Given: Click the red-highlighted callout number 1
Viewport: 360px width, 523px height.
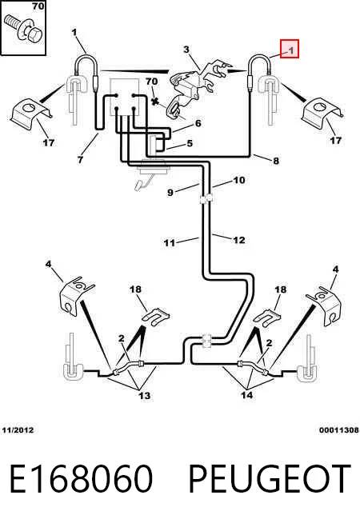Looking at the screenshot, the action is pos(291,50).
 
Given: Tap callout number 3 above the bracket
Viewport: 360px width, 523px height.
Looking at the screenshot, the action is pos(186,50).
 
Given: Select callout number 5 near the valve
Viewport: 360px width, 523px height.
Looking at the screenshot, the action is pos(190,143).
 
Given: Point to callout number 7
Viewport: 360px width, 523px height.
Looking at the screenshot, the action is pos(80,159).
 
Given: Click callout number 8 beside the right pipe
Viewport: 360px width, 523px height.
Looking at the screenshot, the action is pos(275,161).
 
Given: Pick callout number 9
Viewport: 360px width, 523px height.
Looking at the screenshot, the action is pos(170,193).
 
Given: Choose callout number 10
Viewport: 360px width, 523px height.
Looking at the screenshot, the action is pos(239,181).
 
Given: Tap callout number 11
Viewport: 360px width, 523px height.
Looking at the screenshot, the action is pos(170,242).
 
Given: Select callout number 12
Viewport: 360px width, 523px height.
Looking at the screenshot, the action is pos(239,240).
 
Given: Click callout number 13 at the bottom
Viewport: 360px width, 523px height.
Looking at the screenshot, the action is pos(145,396).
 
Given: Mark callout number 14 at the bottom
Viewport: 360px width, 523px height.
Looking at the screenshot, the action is pos(247,395).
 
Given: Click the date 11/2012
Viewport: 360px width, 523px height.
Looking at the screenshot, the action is pos(18,430).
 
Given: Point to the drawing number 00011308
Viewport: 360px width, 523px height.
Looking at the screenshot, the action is pos(339,430).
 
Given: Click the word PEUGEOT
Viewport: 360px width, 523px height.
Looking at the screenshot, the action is pos(270,479).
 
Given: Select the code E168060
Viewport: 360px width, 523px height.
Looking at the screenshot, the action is pos(81,479).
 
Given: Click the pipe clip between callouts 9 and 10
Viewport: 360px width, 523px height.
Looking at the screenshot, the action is pos(206,199).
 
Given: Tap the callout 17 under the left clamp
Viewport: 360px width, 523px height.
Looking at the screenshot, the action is pos(49,143).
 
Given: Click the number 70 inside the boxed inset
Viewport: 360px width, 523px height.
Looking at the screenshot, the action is pos(38,6).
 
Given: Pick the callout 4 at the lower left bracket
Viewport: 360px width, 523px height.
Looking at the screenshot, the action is pos(49,264).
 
